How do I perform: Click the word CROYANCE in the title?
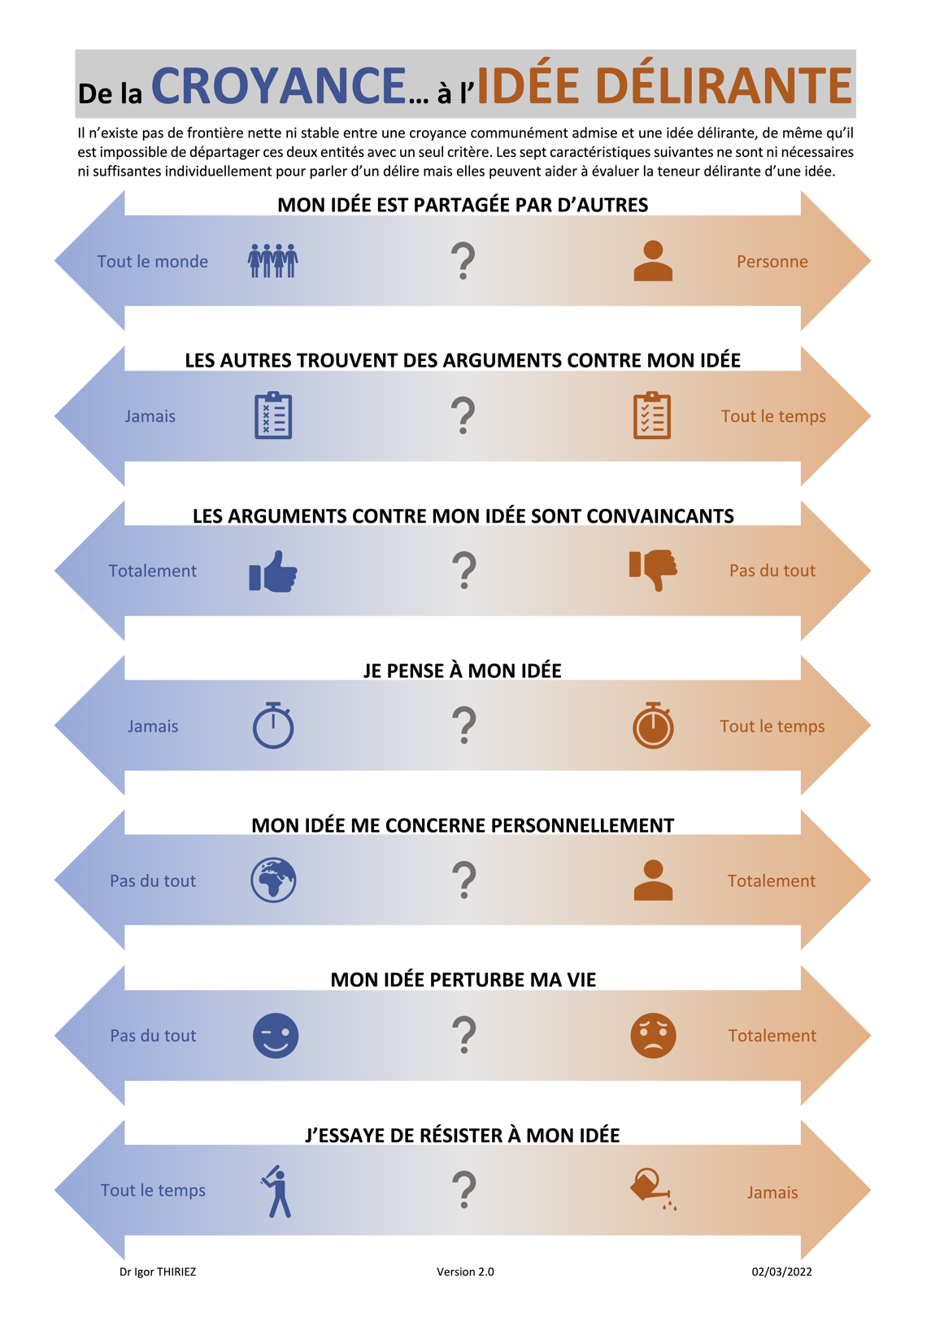tap(279, 85)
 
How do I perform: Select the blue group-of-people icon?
tap(273, 260)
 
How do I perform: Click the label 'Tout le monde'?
tap(152, 262)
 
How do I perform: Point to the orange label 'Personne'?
tap(772, 262)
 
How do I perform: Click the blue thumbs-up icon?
tap(273, 571)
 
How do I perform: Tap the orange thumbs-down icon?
tap(653, 571)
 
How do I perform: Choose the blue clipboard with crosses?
tap(273, 415)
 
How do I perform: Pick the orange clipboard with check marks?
tap(651, 415)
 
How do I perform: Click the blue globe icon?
tap(273, 880)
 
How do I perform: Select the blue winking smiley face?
tap(276, 1036)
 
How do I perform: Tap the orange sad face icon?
tap(653, 1036)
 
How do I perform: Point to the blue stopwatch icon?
tap(273, 725)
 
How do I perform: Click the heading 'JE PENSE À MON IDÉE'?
tap(463, 671)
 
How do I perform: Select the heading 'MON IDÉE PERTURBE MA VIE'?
tap(463, 980)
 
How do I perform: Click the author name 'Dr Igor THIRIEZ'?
tap(158, 1271)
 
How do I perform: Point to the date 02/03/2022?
tap(781, 1271)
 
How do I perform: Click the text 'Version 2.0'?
tap(465, 1271)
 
